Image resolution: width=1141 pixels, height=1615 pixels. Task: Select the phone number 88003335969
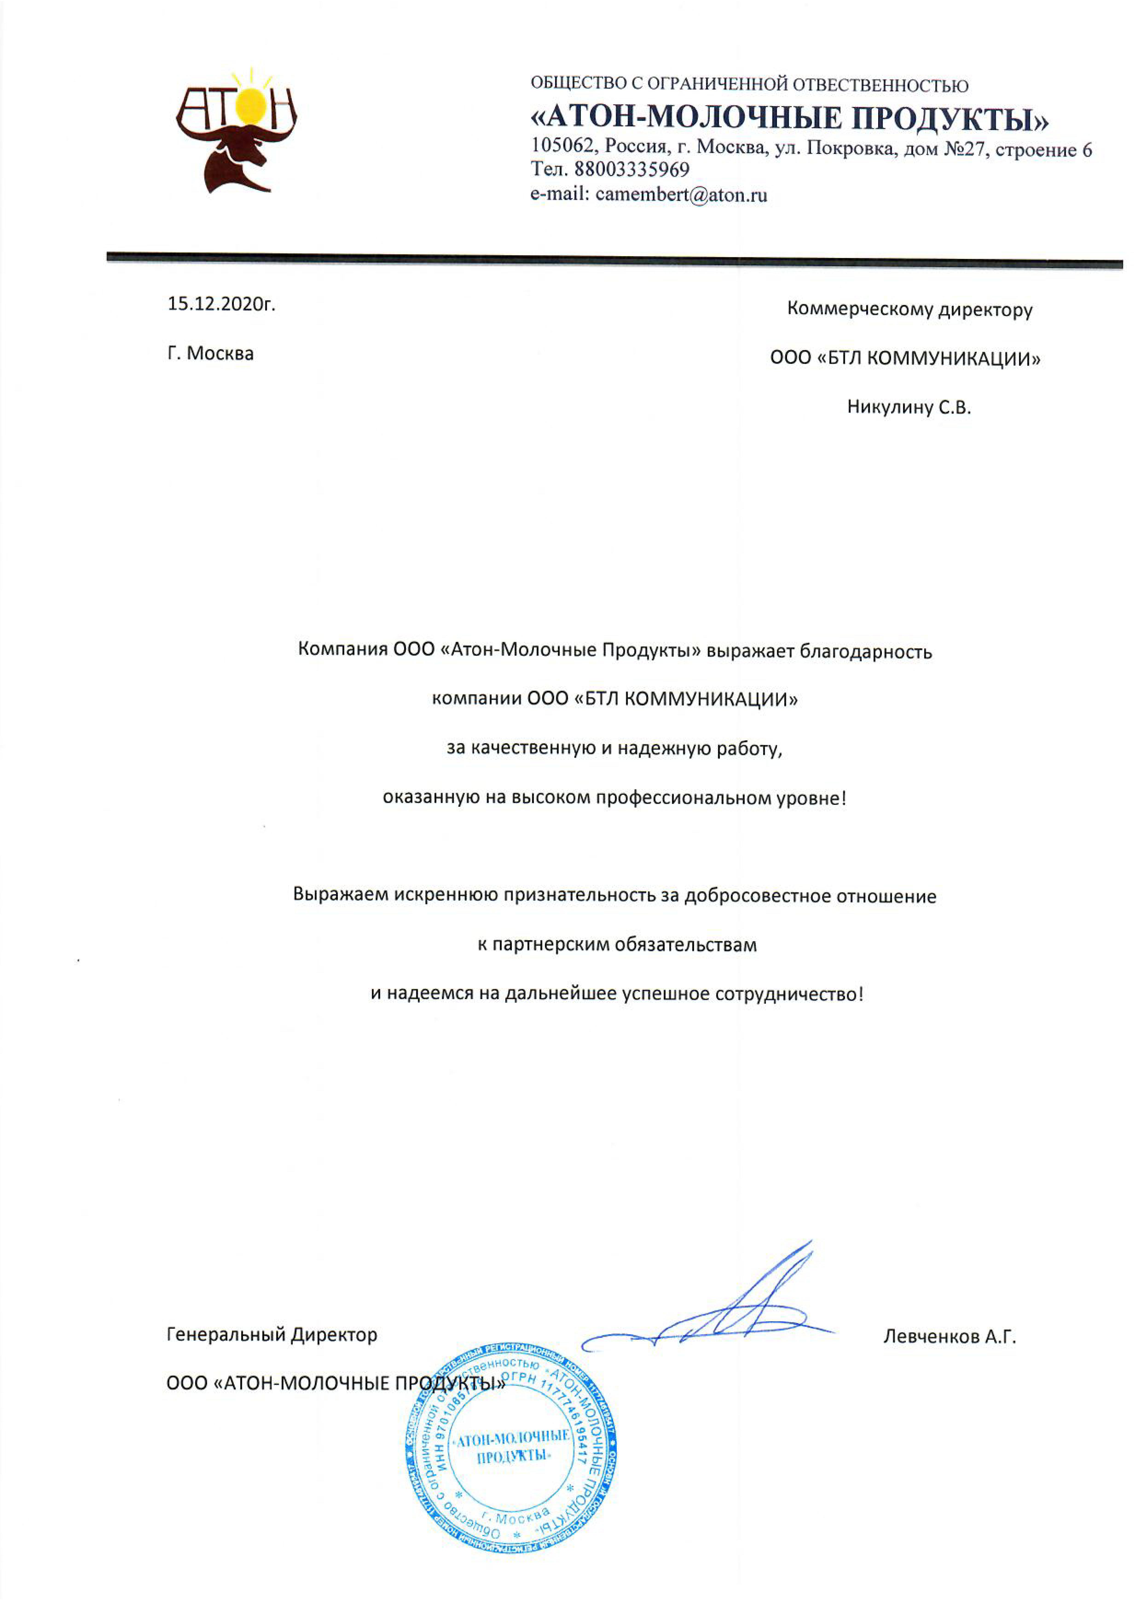pos(632,170)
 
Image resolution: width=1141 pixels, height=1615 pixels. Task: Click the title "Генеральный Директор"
pos(272,1334)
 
